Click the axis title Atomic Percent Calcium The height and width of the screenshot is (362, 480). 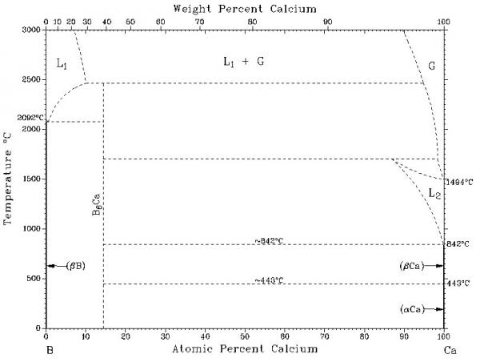point(244,349)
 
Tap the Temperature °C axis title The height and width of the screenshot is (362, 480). point(9,178)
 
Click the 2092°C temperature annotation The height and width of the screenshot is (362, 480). point(27,118)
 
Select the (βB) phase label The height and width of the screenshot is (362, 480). point(78,266)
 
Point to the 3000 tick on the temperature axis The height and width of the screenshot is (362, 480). point(31,30)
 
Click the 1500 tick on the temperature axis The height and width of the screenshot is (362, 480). point(31,179)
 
